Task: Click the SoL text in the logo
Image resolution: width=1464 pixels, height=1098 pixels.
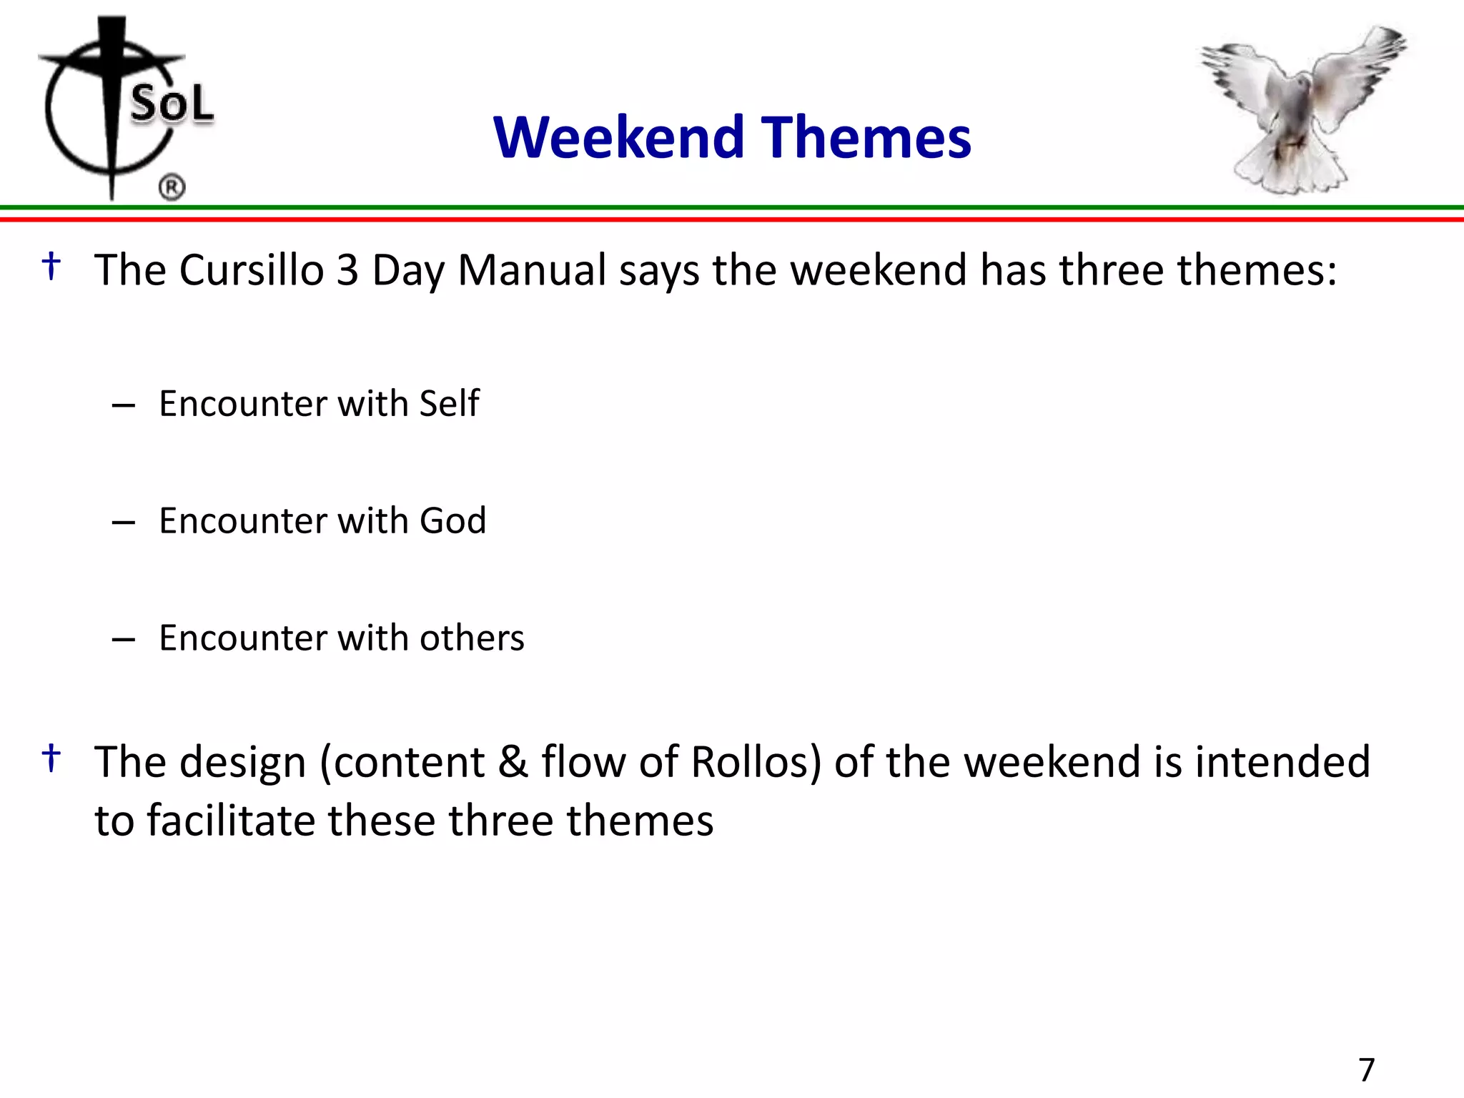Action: [x=172, y=104]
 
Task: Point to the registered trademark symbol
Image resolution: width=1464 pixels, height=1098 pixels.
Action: [x=172, y=187]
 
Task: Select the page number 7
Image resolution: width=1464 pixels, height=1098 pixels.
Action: [x=1366, y=1070]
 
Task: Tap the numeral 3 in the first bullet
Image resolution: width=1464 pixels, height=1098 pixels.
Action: [x=347, y=270]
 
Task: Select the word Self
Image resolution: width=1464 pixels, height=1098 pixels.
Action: [x=449, y=403]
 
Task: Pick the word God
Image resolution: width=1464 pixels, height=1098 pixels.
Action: [x=452, y=520]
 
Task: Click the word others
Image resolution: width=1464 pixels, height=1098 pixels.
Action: [x=472, y=638]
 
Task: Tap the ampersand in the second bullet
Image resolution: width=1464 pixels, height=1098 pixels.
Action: [x=513, y=761]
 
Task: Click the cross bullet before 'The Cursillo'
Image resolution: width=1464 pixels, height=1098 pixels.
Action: [x=51, y=266]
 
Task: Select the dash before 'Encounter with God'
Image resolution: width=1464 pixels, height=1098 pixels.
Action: [x=124, y=523]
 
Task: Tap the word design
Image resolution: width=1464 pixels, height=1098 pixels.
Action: [x=243, y=763]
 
